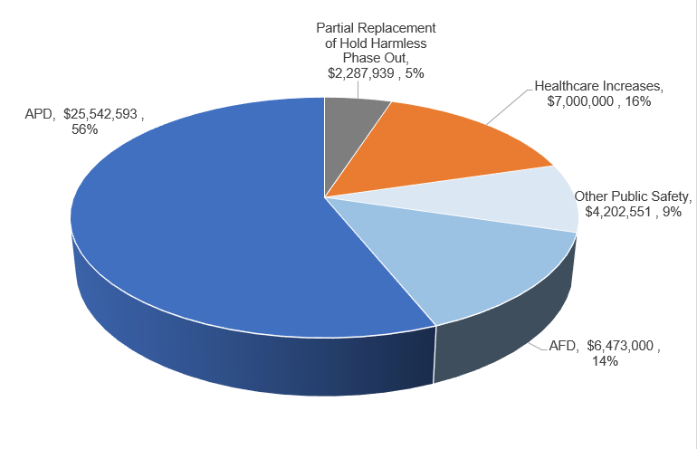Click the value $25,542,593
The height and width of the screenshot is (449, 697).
tap(102, 115)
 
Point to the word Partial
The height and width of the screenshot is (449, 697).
tap(337, 29)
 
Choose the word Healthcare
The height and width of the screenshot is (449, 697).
tap(568, 87)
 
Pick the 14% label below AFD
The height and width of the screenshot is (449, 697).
tap(605, 361)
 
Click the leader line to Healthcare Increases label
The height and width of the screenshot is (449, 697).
tap(507, 107)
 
